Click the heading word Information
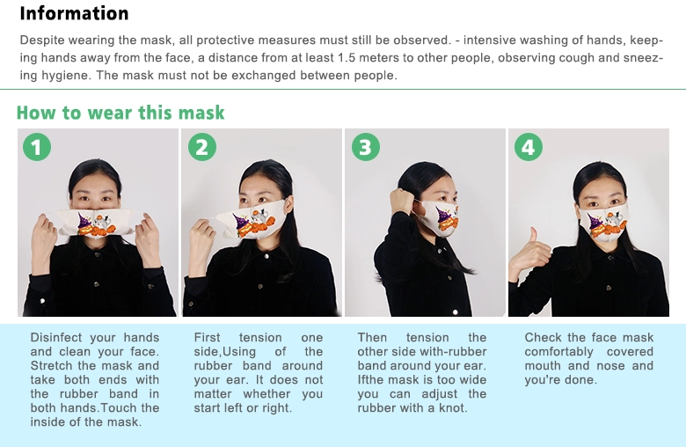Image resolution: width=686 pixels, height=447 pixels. [x=74, y=13]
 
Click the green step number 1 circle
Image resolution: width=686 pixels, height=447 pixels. [x=37, y=147]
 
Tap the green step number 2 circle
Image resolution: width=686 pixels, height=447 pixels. [x=202, y=147]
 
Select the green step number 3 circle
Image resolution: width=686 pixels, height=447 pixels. [x=366, y=147]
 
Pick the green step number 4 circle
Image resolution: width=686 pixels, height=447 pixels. [x=529, y=147]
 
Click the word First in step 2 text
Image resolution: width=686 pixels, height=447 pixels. [x=208, y=338]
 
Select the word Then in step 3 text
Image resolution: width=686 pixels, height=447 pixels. [x=372, y=338]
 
